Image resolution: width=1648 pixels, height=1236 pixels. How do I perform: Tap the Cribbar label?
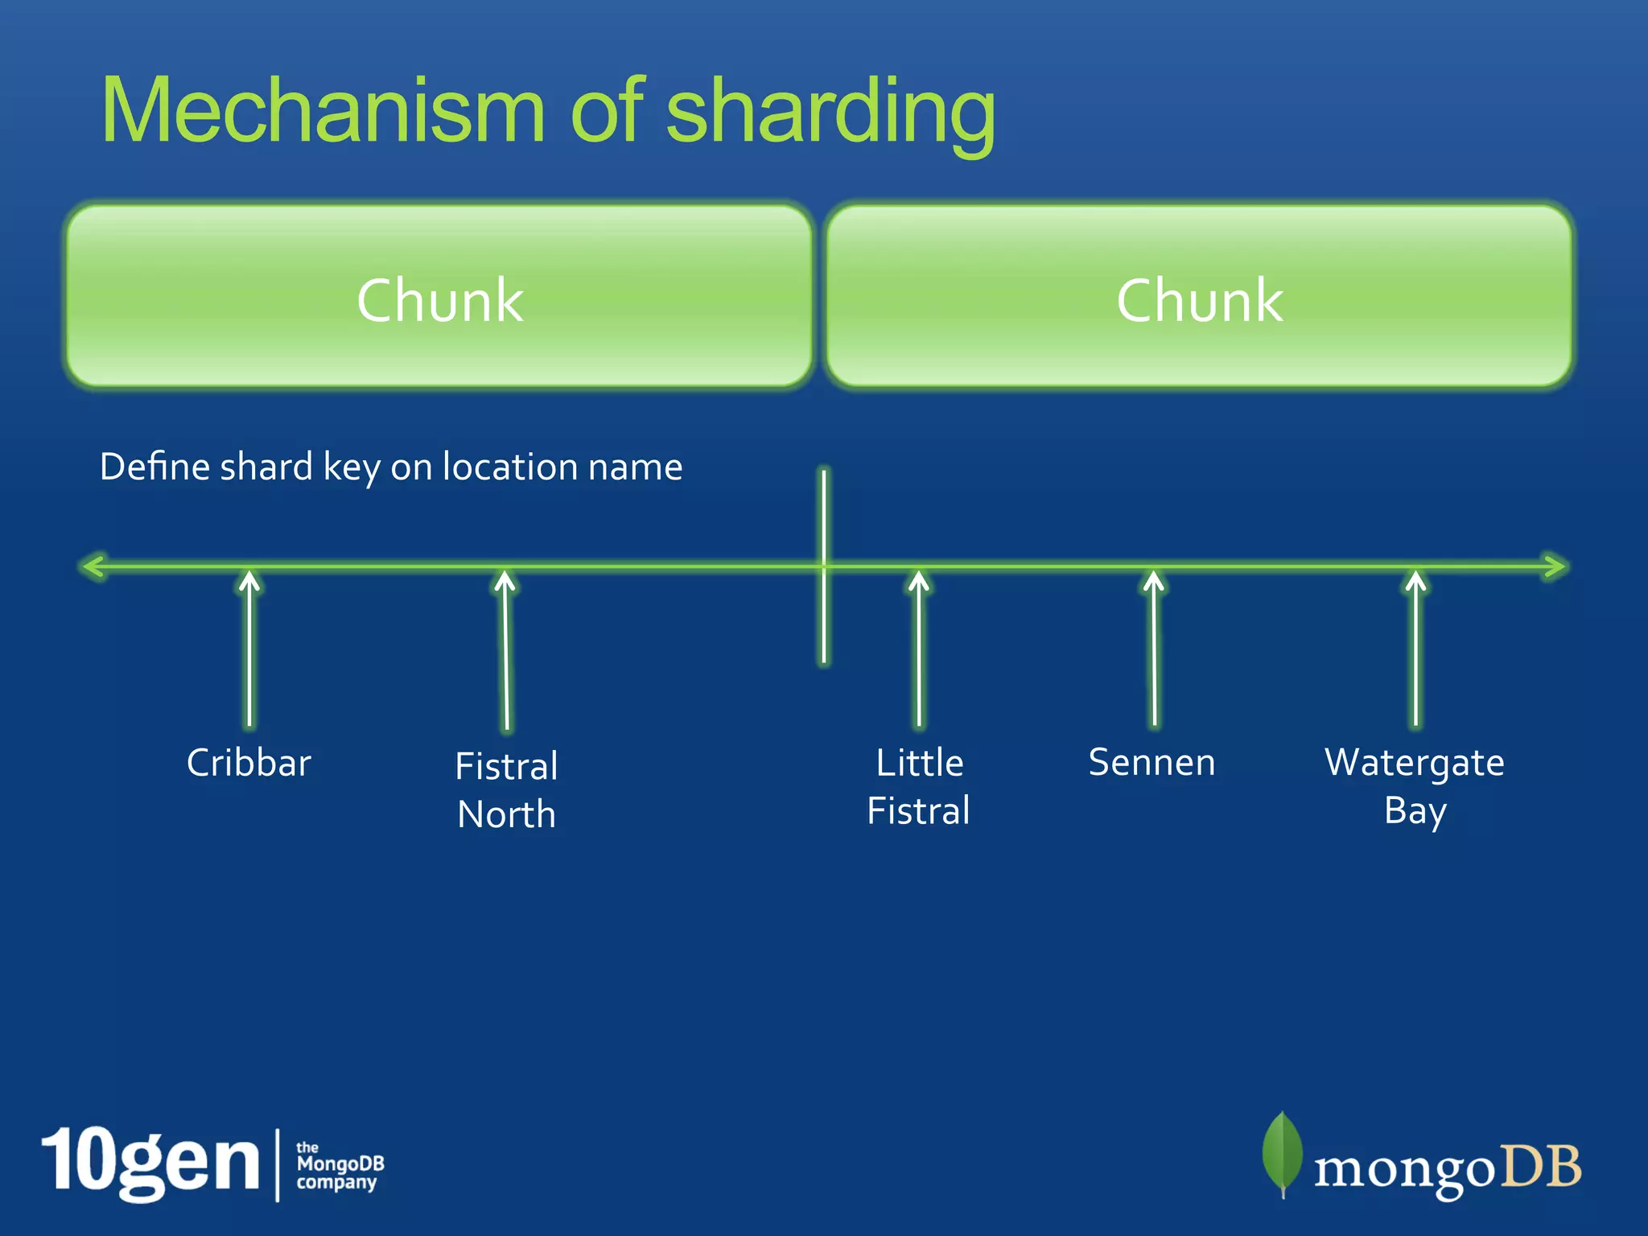point(249,763)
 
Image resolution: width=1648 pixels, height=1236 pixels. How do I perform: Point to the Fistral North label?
point(506,789)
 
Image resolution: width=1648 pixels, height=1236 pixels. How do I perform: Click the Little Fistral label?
point(919,786)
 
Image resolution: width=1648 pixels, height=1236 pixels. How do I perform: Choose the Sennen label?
point(1152,762)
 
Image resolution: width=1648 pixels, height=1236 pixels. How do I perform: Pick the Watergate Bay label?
point(1415,786)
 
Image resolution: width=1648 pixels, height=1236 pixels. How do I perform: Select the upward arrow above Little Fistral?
point(919,648)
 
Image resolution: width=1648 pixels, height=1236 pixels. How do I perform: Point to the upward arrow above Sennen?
point(1154,648)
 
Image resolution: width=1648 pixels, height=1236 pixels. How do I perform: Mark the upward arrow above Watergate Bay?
point(1416,648)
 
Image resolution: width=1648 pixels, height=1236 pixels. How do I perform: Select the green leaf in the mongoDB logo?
point(1282,1152)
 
